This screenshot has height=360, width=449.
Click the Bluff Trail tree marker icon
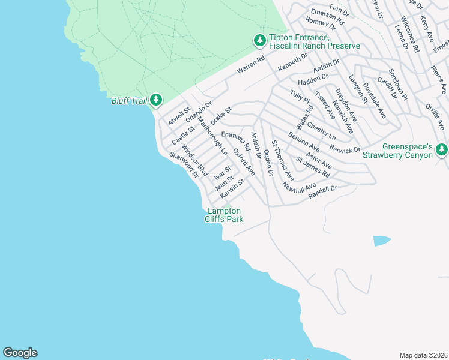coord(156,100)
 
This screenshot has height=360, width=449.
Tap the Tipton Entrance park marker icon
coord(259,40)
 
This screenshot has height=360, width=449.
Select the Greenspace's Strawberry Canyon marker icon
coord(442,149)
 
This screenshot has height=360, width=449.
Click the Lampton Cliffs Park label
coord(224,215)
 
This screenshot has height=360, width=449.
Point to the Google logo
coord(20,353)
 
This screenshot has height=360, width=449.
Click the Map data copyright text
coord(423,355)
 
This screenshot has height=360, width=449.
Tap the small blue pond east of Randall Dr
coord(381,241)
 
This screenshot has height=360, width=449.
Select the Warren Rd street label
coord(250,65)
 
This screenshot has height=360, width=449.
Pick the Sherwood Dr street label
coord(184,164)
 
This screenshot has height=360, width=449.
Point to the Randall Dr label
coord(324,191)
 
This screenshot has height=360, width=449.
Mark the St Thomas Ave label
coord(282,160)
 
